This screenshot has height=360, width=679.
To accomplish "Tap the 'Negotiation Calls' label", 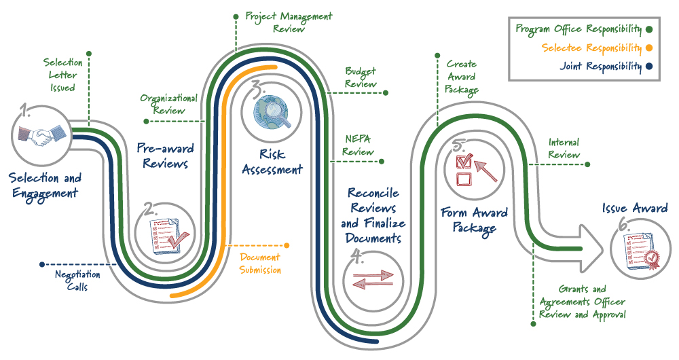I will point(77,281).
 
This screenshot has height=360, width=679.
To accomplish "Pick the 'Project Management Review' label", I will point(289,22).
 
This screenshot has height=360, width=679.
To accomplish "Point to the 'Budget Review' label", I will point(361,77).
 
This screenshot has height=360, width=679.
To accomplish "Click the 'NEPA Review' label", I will point(358,146).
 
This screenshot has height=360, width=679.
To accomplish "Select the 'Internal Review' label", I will point(564,148).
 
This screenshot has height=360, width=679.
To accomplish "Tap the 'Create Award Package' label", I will point(461,77).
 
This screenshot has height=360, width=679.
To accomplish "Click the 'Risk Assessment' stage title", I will point(272,162).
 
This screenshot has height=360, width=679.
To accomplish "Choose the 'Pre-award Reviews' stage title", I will point(165,156).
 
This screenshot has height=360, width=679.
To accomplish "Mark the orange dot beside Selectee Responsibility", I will point(649,48).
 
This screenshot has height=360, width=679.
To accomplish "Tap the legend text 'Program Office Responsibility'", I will point(579,29).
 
